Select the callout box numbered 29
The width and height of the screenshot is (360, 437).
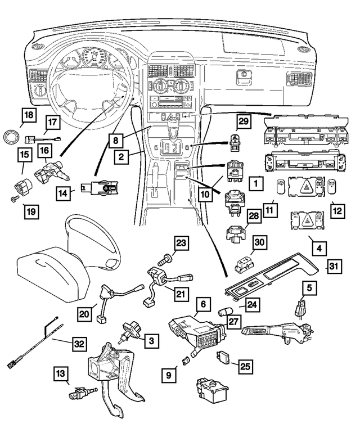pos(241,122)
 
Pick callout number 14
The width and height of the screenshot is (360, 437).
pos(65,193)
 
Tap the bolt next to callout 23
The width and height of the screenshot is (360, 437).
pos(166,260)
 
